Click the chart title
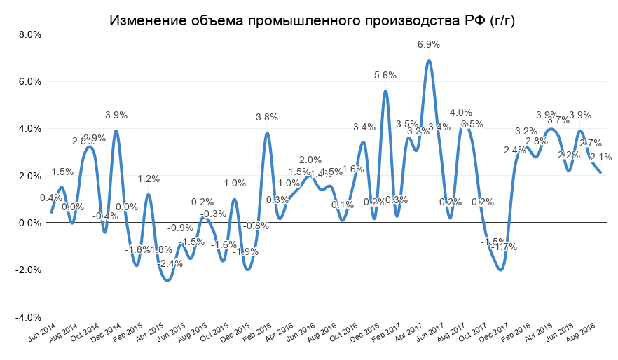pos(313,21)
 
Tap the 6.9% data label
pos(429,44)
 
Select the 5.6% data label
pos(385,75)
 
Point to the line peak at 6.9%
pos(429,60)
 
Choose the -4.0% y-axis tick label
pos(27,317)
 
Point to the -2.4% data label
pos(170,263)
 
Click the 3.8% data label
pos(266,117)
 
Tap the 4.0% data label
pos(460,112)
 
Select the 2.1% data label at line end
pos(601,157)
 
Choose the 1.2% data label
pos(148,179)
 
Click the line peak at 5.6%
pos(385,91)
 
